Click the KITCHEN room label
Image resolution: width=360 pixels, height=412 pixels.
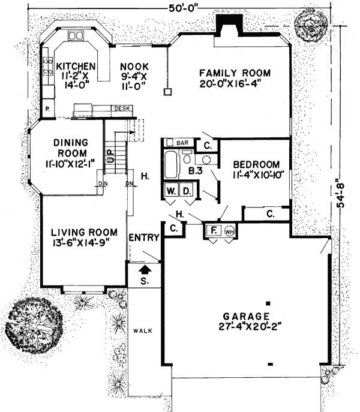click(x=75, y=66)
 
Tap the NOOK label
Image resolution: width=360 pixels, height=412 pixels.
click(x=130, y=66)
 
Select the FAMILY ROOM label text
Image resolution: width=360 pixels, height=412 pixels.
click(x=235, y=73)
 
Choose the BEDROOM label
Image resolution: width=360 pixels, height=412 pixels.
click(x=257, y=165)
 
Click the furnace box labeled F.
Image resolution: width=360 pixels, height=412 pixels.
click(x=212, y=230)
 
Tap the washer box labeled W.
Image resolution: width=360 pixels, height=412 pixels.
click(x=172, y=191)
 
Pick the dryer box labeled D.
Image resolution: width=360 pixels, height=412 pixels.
click(x=187, y=191)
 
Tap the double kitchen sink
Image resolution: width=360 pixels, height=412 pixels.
click(x=76, y=37)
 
